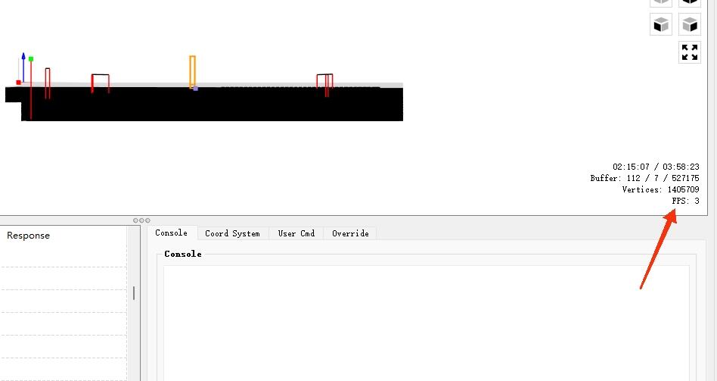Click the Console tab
pyautogui.click(x=172, y=233)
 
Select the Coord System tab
pyautogui.click(x=232, y=233)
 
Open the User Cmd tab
pyautogui.click(x=296, y=233)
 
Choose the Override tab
pyautogui.click(x=350, y=233)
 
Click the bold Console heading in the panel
pyautogui.click(x=183, y=254)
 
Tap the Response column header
pyautogui.click(x=28, y=236)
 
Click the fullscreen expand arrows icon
pyautogui.click(x=690, y=52)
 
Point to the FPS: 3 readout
pyautogui.click(x=685, y=201)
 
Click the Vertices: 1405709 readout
pyautogui.click(x=660, y=189)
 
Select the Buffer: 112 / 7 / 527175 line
pyautogui.click(x=644, y=178)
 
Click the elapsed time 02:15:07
pyautogui.click(x=631, y=167)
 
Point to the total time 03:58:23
pyautogui.click(x=681, y=167)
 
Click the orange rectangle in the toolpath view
pyautogui.click(x=193, y=71)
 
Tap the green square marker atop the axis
pyautogui.click(x=31, y=58)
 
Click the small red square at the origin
pyautogui.click(x=18, y=83)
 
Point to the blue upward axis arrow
pyautogui.click(x=23, y=67)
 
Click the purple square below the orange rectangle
pyautogui.click(x=196, y=89)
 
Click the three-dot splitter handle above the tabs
pyautogui.click(x=141, y=220)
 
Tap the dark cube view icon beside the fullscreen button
pyautogui.click(x=661, y=24)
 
